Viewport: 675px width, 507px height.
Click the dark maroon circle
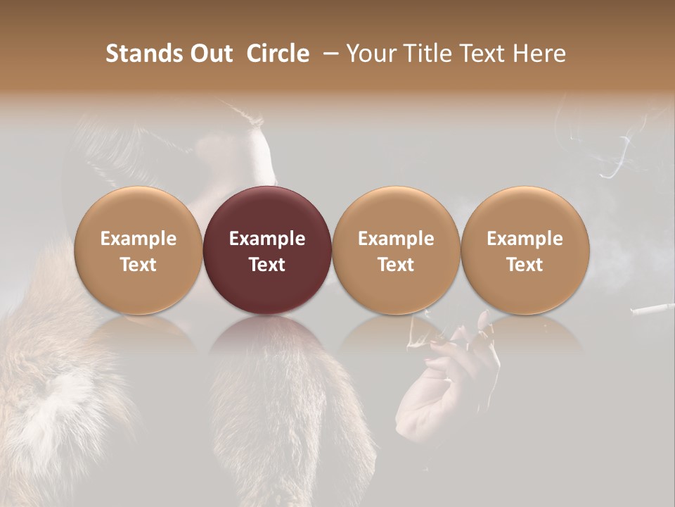pyautogui.click(x=267, y=251)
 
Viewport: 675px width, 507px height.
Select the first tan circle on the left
pyautogui.click(x=139, y=251)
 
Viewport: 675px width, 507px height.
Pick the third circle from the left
pyautogui.click(x=396, y=251)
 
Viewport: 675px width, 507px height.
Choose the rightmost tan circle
pyautogui.click(x=525, y=251)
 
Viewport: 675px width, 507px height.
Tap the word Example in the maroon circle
pyautogui.click(x=267, y=239)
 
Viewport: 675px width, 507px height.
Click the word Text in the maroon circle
pyautogui.click(x=267, y=265)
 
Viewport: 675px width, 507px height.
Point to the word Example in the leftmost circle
pyautogui.click(x=139, y=239)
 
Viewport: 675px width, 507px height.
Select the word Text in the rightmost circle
pyautogui.click(x=525, y=265)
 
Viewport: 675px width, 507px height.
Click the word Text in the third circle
pyautogui.click(x=396, y=265)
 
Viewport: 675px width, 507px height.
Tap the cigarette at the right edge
pyautogui.click(x=654, y=308)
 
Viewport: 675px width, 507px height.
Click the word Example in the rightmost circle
pyautogui.click(x=525, y=239)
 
